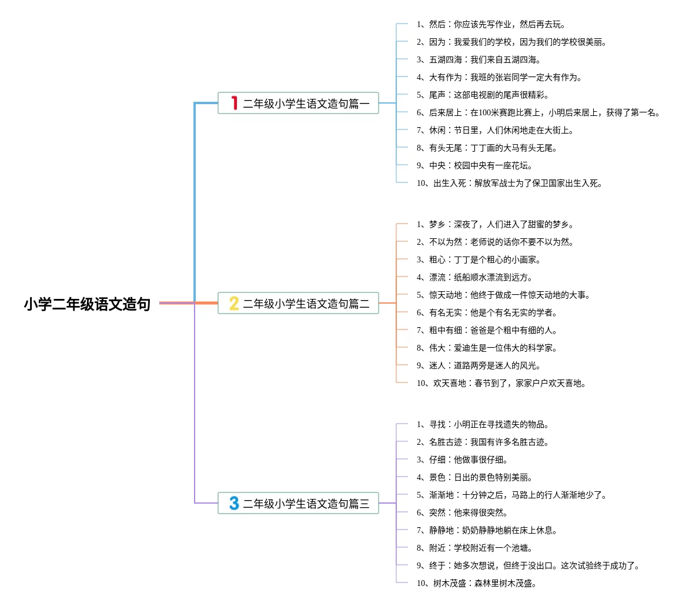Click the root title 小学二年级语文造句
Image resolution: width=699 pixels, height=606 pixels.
[87, 304]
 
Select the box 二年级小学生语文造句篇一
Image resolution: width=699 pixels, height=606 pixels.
[298, 104]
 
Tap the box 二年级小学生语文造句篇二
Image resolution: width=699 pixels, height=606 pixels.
[298, 304]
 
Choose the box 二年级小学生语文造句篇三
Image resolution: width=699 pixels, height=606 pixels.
[298, 504]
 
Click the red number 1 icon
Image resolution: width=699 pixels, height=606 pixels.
[234, 104]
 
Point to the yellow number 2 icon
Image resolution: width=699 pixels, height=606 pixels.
[234, 304]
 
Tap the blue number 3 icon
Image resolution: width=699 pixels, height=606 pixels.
[234, 504]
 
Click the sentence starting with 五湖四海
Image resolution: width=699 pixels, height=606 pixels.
[479, 59]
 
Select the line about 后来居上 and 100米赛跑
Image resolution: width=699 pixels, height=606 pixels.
[538, 112]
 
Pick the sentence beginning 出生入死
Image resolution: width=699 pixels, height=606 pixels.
[509, 183]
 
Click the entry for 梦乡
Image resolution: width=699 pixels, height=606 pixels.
[495, 224]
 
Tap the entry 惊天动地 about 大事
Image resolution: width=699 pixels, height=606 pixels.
[503, 295]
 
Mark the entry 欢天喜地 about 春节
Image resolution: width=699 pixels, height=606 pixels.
[501, 383]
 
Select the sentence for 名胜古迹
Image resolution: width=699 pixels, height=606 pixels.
[483, 442]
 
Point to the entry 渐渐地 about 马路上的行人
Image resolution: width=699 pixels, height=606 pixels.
[511, 495]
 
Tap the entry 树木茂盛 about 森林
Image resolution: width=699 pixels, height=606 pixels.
[476, 583]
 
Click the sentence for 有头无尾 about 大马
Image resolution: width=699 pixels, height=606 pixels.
[487, 148]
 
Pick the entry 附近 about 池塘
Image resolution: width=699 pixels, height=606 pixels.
[474, 548]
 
